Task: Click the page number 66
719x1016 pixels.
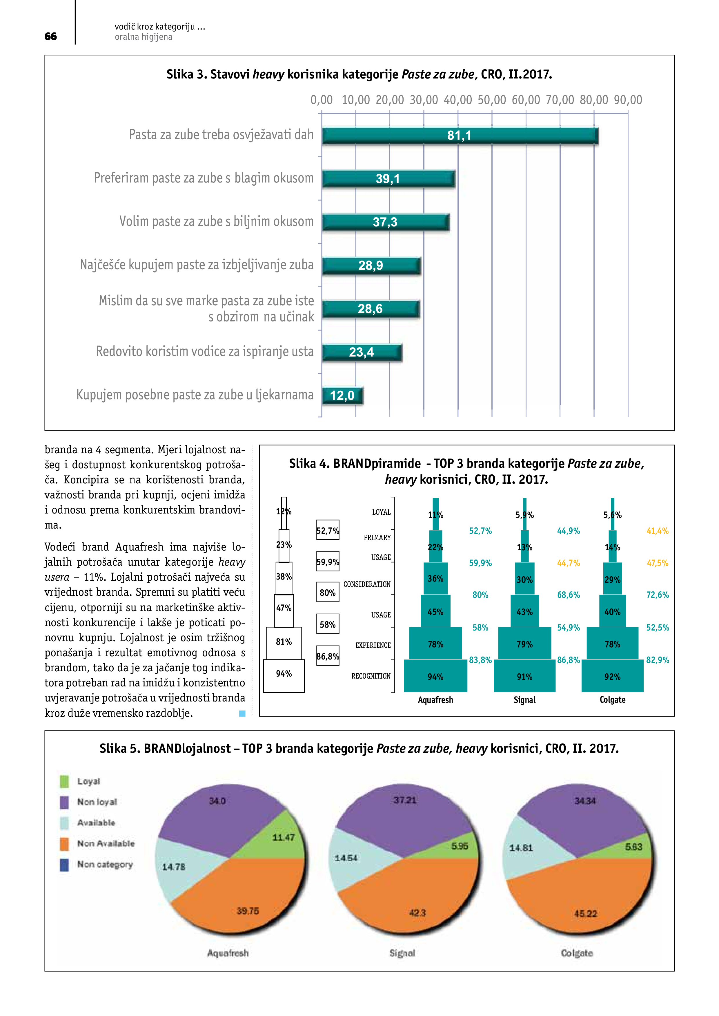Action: coord(50,36)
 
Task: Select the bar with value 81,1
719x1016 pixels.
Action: coord(460,136)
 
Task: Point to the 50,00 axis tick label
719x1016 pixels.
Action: coord(491,100)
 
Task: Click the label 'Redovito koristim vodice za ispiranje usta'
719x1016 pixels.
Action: coord(205,351)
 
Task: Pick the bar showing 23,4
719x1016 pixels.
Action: coord(362,352)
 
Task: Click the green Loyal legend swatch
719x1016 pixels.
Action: coord(65,781)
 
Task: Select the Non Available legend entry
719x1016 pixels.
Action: coord(106,843)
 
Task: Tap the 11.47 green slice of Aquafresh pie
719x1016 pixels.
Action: coord(284,838)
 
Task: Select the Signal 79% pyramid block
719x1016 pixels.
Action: coord(524,644)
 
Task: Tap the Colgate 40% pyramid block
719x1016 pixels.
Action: coord(612,612)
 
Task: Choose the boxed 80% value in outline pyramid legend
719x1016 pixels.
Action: coord(328,593)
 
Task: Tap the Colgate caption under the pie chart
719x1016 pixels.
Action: coord(576,953)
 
